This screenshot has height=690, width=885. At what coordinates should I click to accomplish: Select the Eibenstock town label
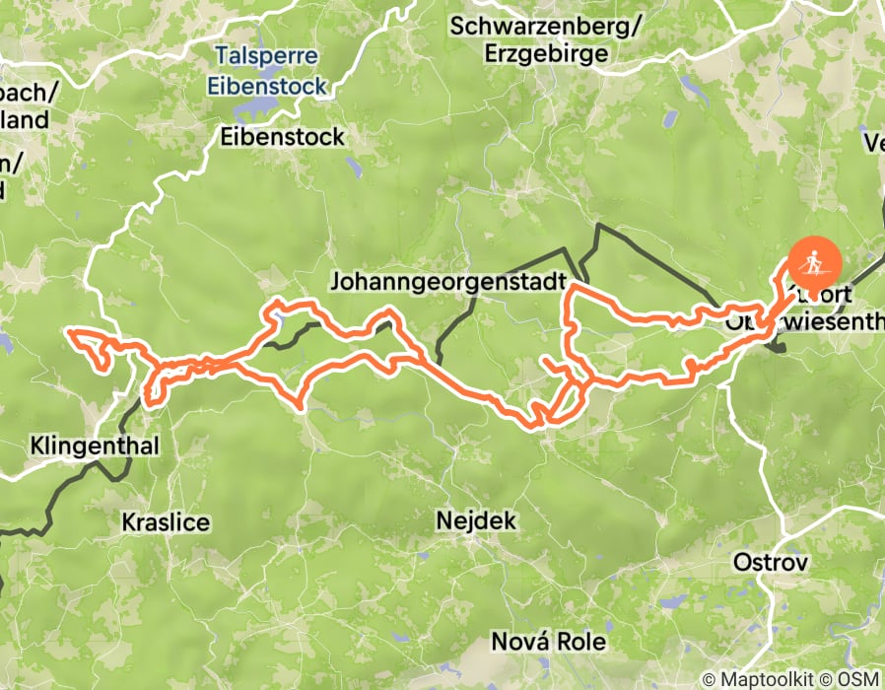[x=283, y=136]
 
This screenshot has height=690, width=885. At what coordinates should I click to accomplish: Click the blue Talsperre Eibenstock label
[x=267, y=73]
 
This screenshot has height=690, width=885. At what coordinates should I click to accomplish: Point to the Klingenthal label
[x=96, y=446]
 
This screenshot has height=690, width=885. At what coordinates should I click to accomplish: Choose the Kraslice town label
[x=166, y=521]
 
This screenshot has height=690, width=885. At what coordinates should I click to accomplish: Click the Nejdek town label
[x=476, y=519]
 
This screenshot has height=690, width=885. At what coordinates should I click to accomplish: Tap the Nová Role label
[x=549, y=642]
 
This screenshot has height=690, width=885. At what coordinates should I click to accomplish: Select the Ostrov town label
[x=771, y=563]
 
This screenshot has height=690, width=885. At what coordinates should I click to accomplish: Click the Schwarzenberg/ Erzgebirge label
[x=545, y=40]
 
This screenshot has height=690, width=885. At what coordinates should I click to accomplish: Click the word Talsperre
[x=267, y=60]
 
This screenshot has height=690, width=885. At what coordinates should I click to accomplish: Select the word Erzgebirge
[x=545, y=54]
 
